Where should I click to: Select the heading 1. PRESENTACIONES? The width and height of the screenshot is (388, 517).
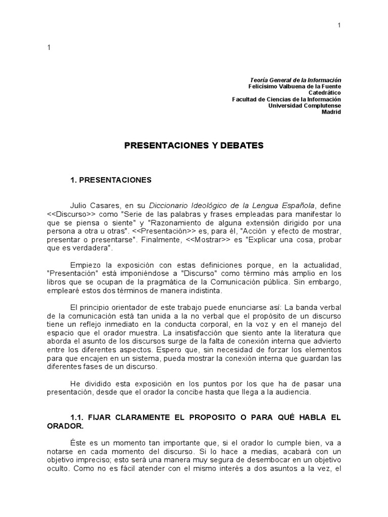coord(111,179)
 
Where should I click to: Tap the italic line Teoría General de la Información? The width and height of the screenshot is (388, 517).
coord(296,80)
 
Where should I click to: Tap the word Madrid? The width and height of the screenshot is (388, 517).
coord(331,112)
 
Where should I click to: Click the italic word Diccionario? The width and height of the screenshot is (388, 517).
coord(172,205)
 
